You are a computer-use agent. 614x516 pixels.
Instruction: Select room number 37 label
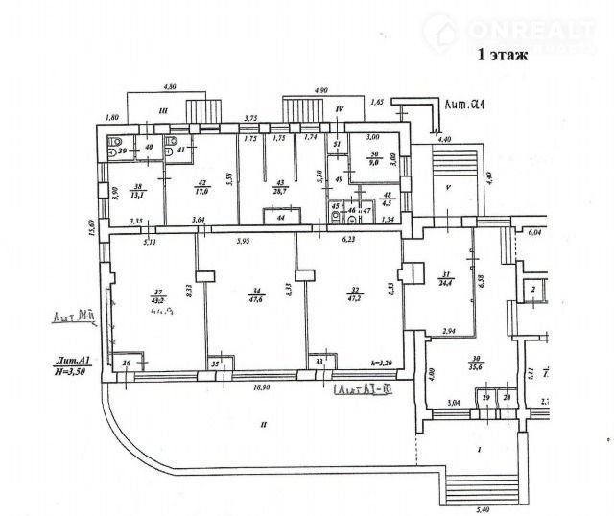(x=156, y=292)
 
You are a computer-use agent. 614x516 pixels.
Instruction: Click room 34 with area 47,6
(x=252, y=296)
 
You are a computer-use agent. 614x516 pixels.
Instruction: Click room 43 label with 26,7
(x=281, y=187)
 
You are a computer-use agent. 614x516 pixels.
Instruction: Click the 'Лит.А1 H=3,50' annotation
(x=74, y=365)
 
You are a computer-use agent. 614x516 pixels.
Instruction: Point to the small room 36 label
(x=126, y=363)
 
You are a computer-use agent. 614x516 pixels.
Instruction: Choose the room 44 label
(x=279, y=219)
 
